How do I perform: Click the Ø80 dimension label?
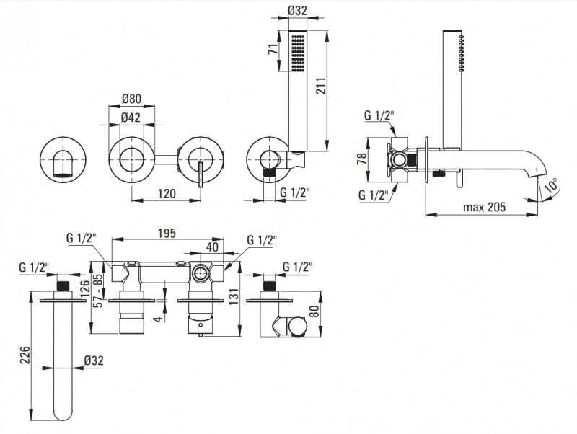(x=131, y=99)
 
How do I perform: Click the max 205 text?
(x=483, y=207)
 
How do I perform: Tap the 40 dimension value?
(x=213, y=246)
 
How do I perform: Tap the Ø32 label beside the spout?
(x=94, y=359)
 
